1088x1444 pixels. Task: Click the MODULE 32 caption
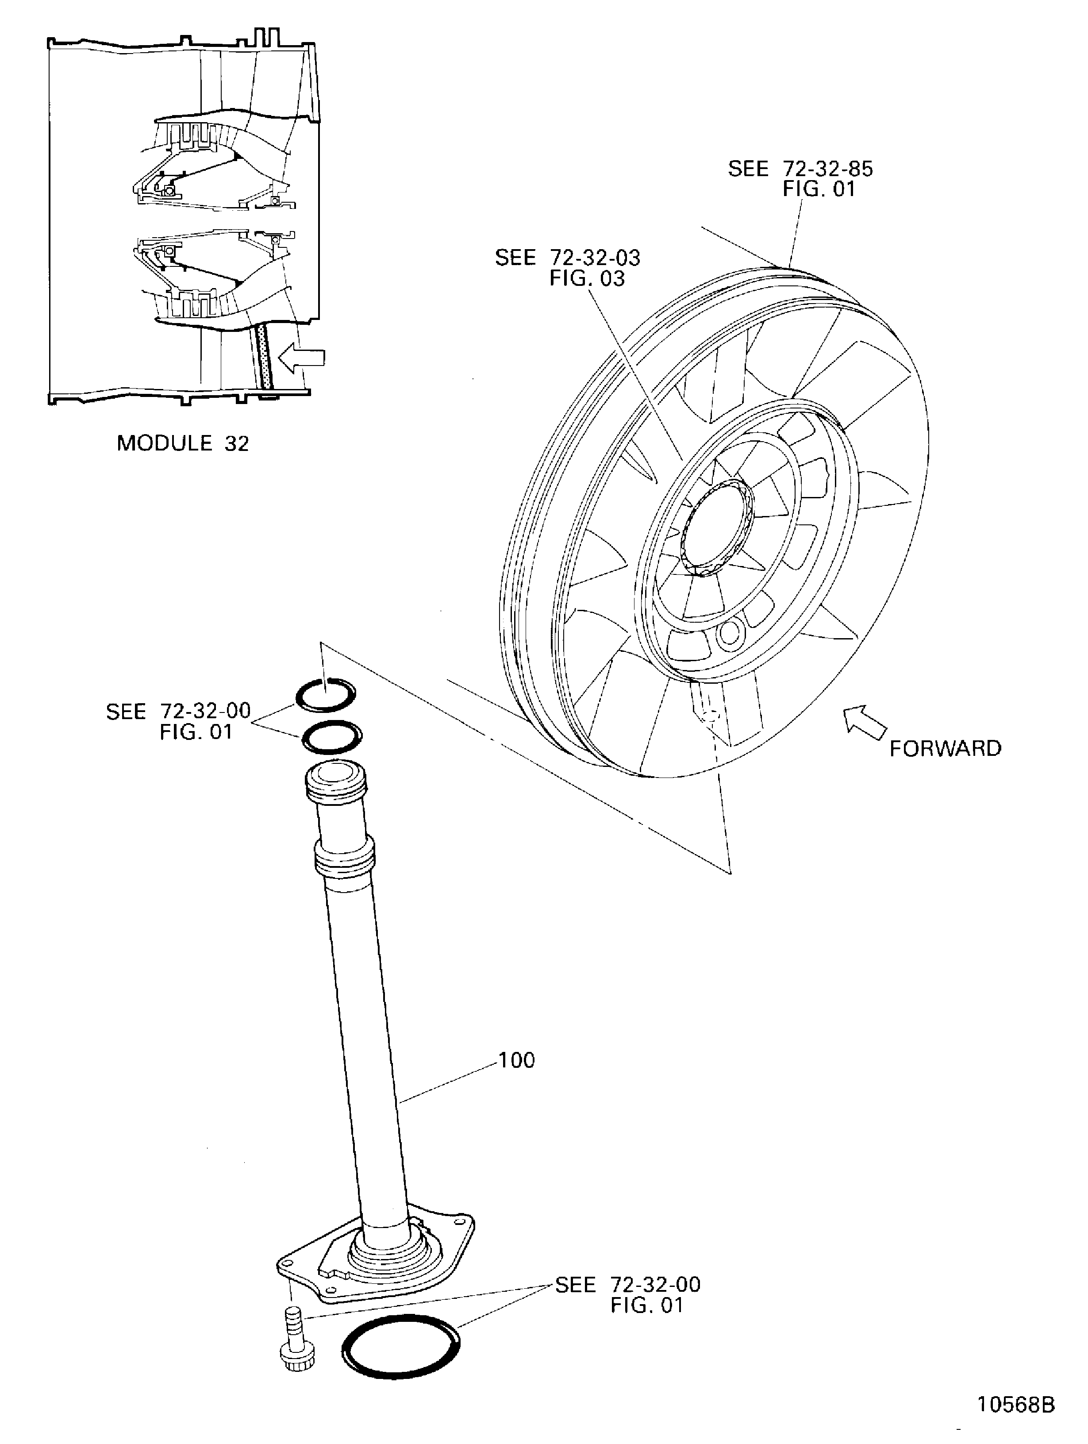click(x=183, y=443)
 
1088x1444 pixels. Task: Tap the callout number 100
click(x=516, y=1061)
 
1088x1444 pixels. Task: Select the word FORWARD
click(x=944, y=748)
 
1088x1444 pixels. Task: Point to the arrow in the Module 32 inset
click(x=301, y=358)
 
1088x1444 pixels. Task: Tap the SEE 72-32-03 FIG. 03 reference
click(x=567, y=268)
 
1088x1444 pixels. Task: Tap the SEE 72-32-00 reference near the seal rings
click(x=178, y=721)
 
